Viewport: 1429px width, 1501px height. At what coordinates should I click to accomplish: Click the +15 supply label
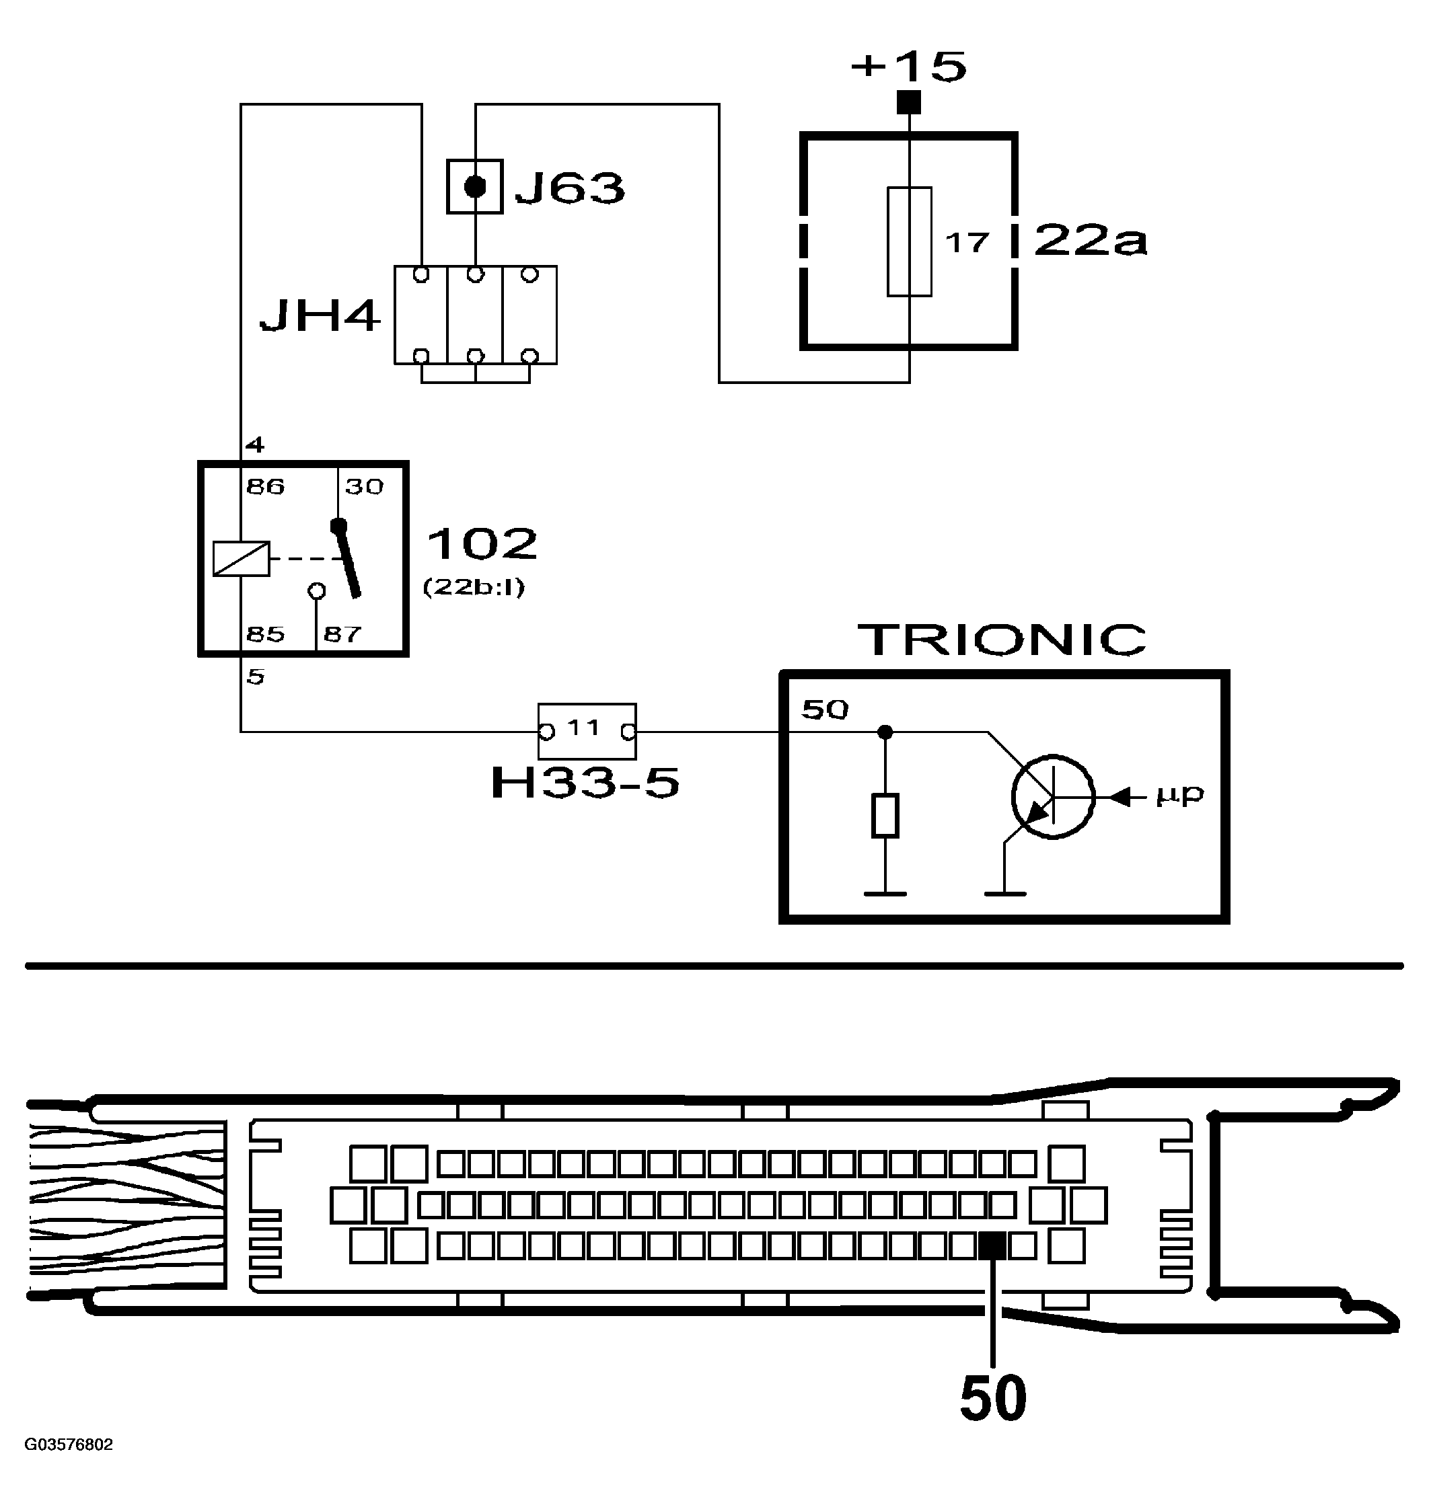(x=908, y=67)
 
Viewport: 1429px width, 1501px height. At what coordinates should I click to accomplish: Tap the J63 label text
(x=570, y=188)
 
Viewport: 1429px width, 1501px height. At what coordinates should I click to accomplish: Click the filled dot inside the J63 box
(x=474, y=186)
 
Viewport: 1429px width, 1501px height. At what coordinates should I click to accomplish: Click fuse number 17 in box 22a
(x=967, y=243)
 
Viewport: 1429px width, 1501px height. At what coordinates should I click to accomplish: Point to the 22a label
(x=1090, y=241)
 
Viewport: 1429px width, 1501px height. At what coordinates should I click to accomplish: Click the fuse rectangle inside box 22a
(x=910, y=241)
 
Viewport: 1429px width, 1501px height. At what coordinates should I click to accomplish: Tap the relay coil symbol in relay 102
(x=241, y=558)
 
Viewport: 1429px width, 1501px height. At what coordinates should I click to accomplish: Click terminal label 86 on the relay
(x=265, y=486)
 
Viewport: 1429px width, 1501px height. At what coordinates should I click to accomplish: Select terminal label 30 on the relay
(x=364, y=486)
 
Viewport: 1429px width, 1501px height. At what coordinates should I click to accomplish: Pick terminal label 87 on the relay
(x=342, y=633)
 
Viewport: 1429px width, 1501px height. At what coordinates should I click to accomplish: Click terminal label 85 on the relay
(x=265, y=633)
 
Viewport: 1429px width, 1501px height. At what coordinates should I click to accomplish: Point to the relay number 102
(x=482, y=544)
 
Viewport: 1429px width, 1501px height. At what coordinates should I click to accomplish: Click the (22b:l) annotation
(x=473, y=587)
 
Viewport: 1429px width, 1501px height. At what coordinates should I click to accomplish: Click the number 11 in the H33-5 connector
(x=584, y=728)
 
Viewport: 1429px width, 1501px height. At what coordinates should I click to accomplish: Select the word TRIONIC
(x=1002, y=640)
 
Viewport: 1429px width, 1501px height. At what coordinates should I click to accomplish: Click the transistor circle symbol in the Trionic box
(x=1053, y=798)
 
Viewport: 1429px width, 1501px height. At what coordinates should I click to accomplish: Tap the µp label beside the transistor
(x=1179, y=796)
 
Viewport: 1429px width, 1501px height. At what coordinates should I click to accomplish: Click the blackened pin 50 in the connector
(x=992, y=1247)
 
